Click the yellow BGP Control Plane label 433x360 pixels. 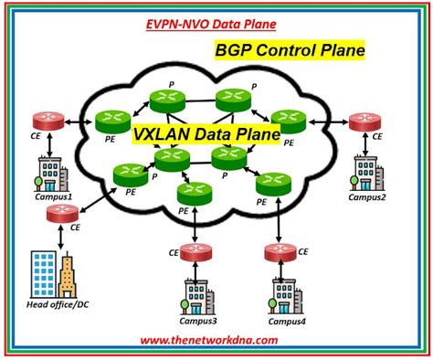(x=288, y=50)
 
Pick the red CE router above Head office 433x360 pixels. (x=60, y=215)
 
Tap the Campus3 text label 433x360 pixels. (x=195, y=321)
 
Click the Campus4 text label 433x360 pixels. (x=286, y=321)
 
